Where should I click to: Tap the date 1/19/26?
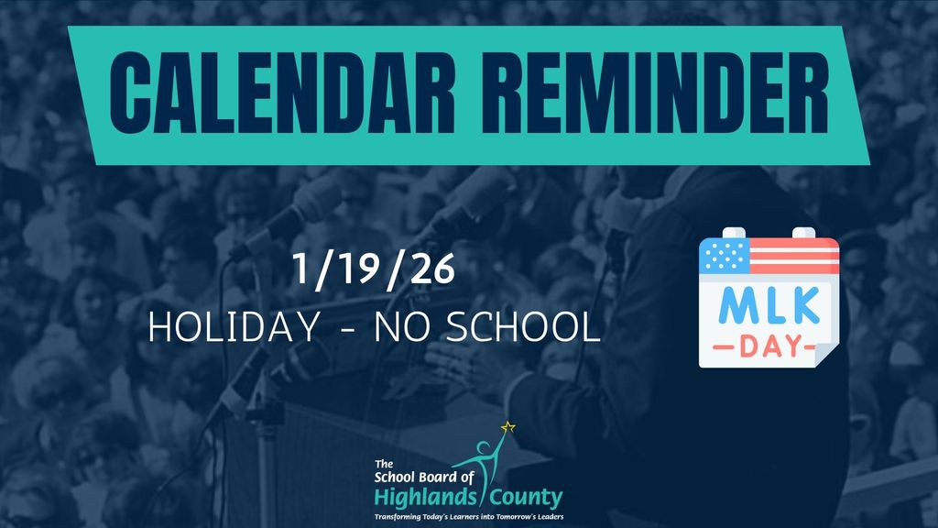[x=373, y=269]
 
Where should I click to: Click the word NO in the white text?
[x=403, y=328]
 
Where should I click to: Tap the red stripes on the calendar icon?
[x=794, y=257]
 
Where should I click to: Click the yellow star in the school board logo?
[x=508, y=426]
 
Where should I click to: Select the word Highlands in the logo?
[x=421, y=498]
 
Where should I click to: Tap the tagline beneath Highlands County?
[x=468, y=517]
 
